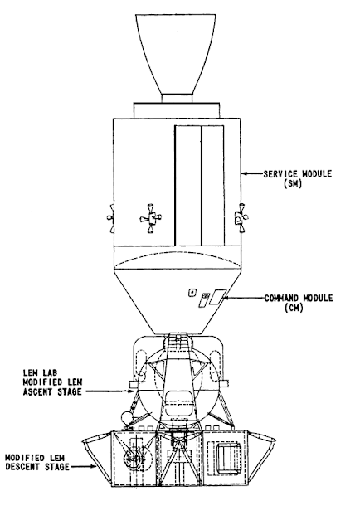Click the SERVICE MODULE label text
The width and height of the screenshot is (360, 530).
click(x=298, y=173)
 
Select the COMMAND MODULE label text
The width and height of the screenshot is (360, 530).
click(x=299, y=298)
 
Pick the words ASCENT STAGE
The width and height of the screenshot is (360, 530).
click(x=52, y=391)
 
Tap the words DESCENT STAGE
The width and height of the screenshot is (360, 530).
click(x=37, y=467)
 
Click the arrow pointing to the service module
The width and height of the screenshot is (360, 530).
click(x=252, y=173)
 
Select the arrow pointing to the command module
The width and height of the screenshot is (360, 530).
click(x=243, y=298)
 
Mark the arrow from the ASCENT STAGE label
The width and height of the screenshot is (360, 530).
click(x=109, y=391)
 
